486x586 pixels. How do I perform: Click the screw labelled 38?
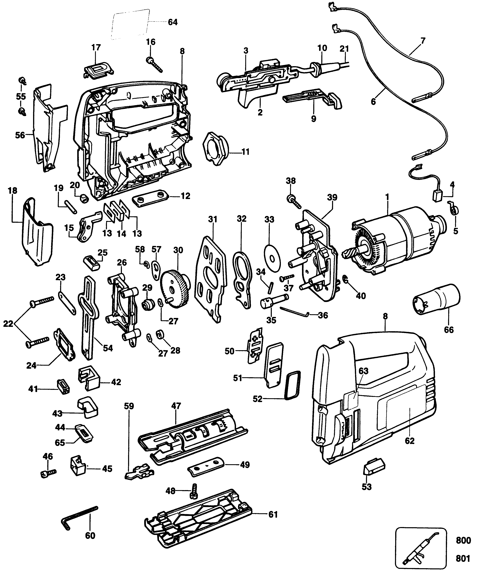pos(293,202)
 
